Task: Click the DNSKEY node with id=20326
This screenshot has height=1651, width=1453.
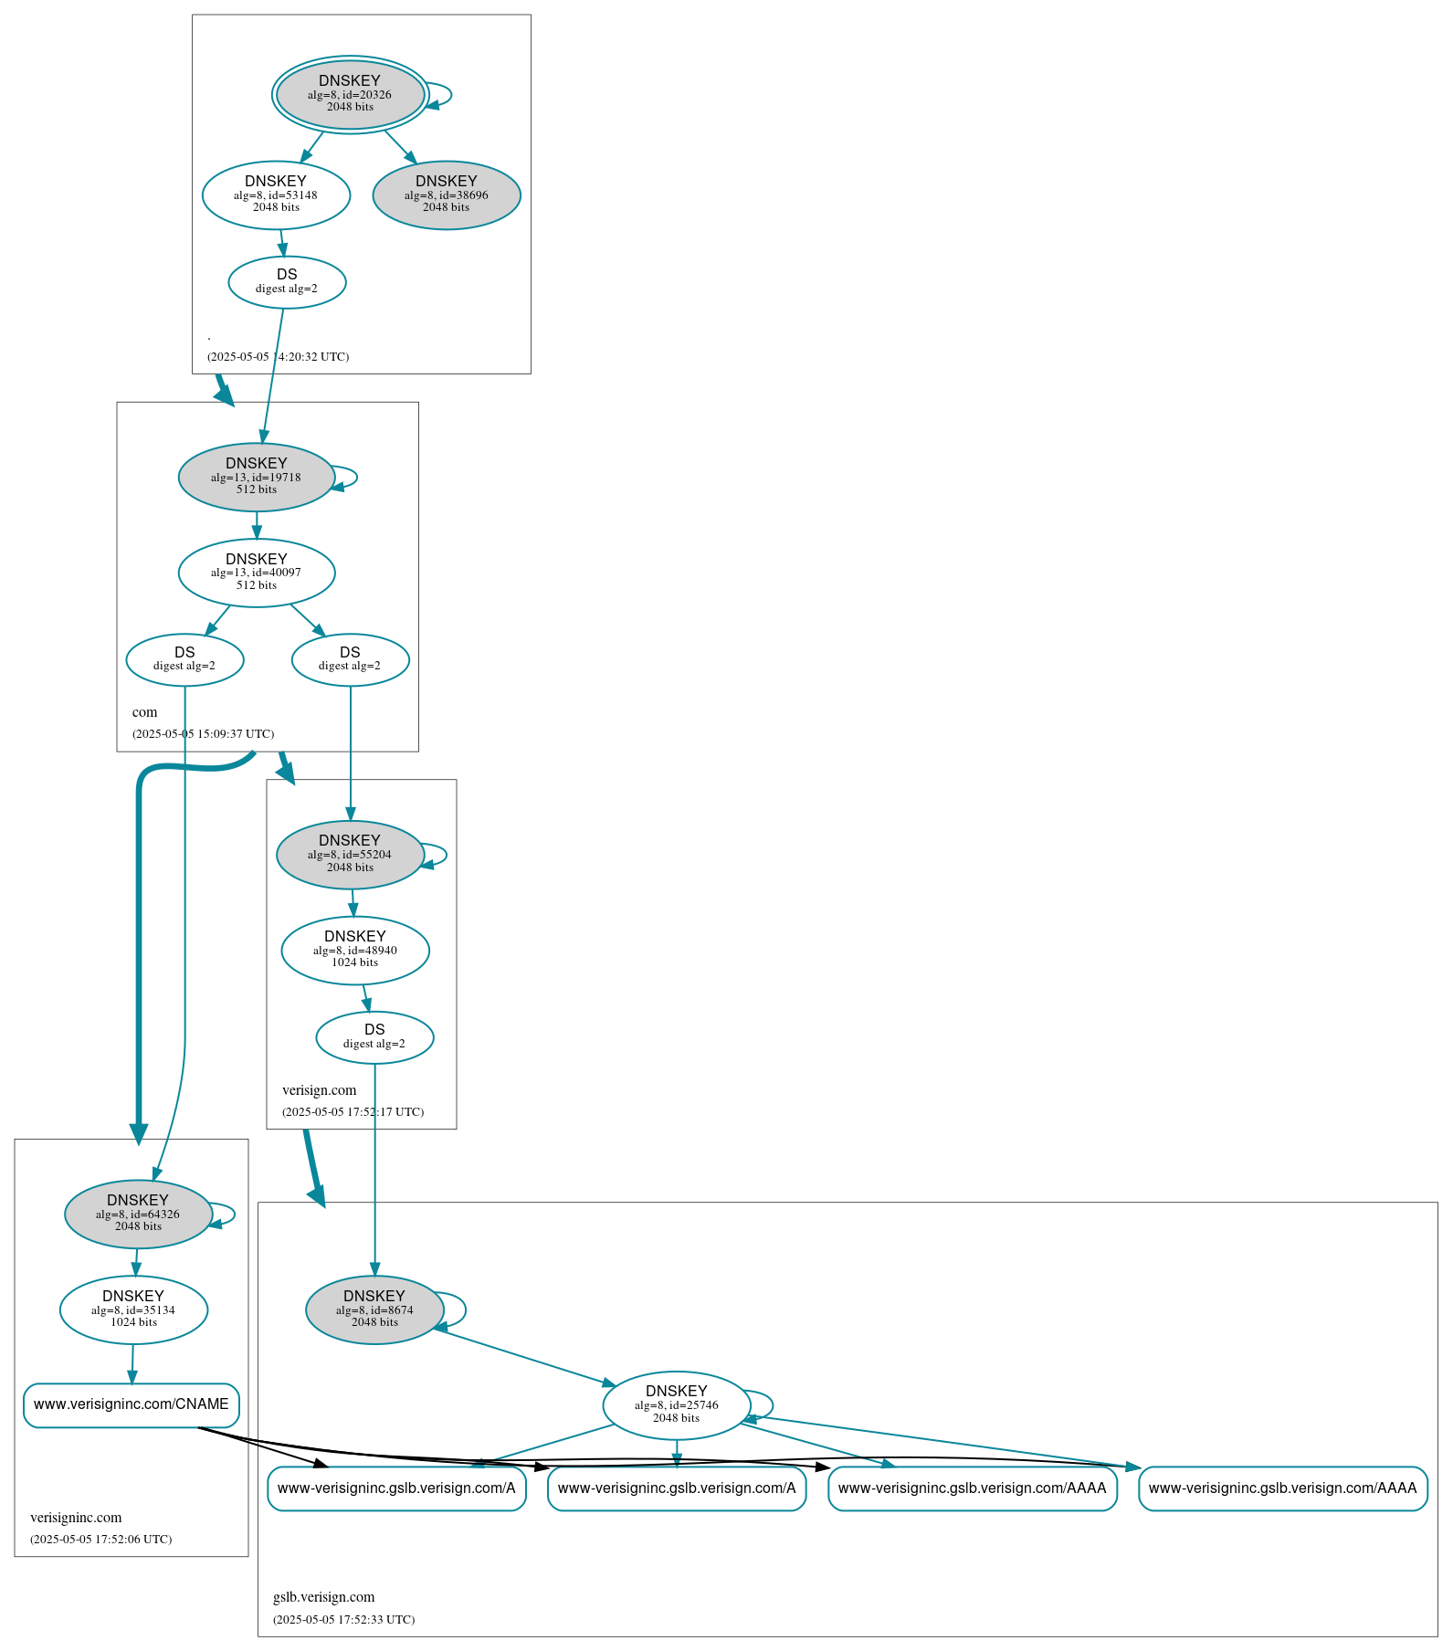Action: (350, 94)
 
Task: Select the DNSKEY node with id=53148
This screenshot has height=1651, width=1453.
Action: (276, 195)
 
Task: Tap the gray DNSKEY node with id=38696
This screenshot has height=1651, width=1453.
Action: (447, 195)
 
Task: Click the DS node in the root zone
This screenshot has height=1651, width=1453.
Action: (287, 282)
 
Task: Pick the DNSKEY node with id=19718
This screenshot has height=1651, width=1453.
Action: (257, 477)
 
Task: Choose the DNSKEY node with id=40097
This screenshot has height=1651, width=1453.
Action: (257, 573)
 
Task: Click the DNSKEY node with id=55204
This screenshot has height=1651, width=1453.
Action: (350, 855)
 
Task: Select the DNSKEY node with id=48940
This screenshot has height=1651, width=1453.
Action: (355, 951)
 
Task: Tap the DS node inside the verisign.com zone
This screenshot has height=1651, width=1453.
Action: (374, 1037)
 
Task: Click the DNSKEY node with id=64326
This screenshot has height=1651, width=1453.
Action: (138, 1215)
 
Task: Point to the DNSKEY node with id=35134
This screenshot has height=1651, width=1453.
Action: (133, 1309)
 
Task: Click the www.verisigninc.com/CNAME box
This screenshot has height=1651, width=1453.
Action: (132, 1404)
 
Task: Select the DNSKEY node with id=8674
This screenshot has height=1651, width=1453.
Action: (374, 1309)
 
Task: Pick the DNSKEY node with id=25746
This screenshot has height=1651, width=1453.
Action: (677, 1405)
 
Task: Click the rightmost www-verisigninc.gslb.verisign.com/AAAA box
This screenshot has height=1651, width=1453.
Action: (1282, 1488)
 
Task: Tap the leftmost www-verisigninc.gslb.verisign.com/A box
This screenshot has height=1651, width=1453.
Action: (396, 1488)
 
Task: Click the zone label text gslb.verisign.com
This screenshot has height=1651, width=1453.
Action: (324, 1597)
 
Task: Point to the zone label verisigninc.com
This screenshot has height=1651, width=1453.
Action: (76, 1518)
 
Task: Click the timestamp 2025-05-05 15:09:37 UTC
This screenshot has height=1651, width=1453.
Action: (203, 733)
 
